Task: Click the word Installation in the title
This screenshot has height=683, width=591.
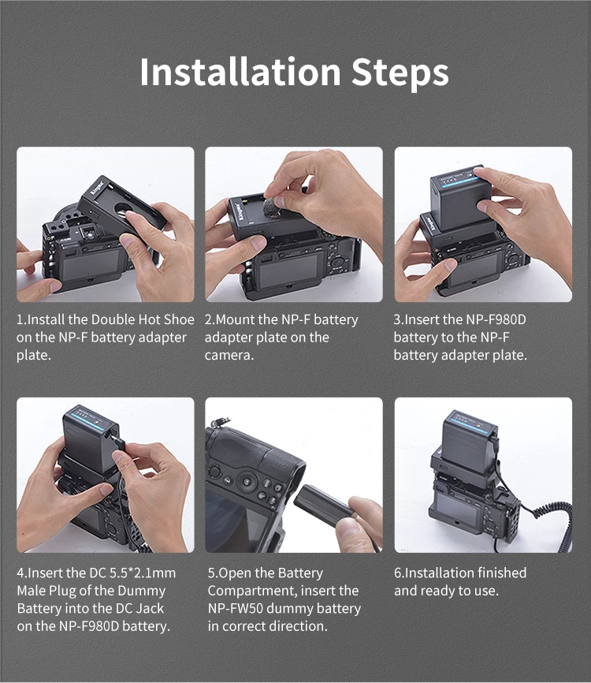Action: tap(240, 72)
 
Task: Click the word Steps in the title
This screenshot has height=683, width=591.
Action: tap(400, 73)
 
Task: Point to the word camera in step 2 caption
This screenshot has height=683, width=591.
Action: tap(229, 356)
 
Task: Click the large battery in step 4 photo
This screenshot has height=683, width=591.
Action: tap(89, 440)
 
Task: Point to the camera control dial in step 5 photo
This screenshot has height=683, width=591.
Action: tap(247, 482)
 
